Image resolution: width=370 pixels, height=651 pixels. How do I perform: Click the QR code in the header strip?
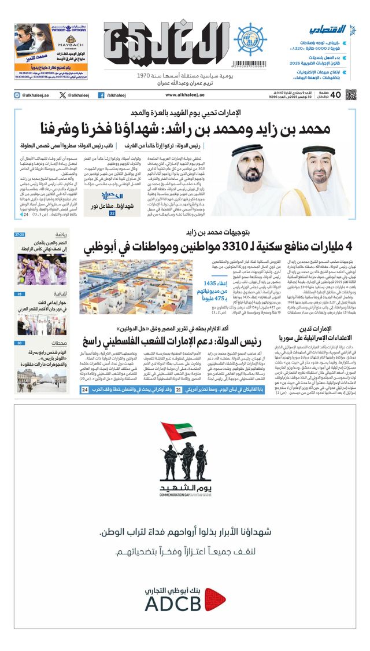(x=350, y=94)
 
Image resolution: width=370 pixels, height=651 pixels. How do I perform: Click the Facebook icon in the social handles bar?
(x=101, y=95)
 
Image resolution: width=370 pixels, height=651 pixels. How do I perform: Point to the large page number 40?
(x=336, y=94)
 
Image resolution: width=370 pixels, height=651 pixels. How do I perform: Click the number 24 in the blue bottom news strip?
(x=85, y=391)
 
